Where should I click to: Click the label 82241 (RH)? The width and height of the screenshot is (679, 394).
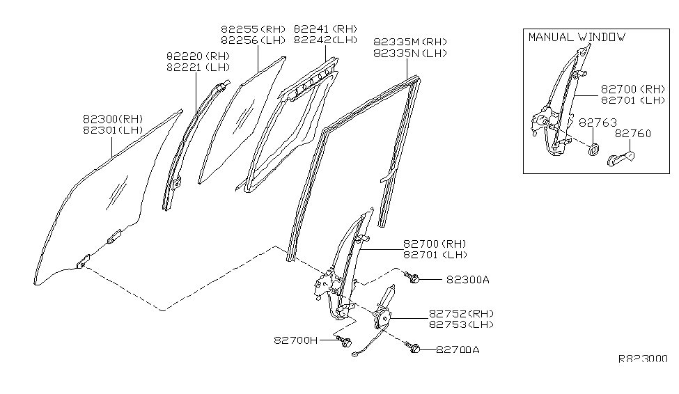tap(325, 29)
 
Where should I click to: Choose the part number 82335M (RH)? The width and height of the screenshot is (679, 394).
tap(409, 42)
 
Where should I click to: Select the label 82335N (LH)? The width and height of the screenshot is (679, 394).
tap(409, 53)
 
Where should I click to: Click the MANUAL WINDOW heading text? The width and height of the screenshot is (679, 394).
tap(576, 37)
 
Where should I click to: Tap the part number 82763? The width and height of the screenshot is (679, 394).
tap(598, 122)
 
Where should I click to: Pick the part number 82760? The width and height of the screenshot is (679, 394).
tap(632, 133)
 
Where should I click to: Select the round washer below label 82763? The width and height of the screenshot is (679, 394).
tap(594, 150)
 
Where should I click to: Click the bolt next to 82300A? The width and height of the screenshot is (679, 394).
tap(413, 278)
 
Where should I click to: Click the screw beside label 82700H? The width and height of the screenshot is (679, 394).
tap(343, 341)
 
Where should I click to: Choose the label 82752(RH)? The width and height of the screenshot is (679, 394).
tap(457, 313)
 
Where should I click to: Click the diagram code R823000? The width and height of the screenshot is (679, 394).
tap(643, 359)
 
